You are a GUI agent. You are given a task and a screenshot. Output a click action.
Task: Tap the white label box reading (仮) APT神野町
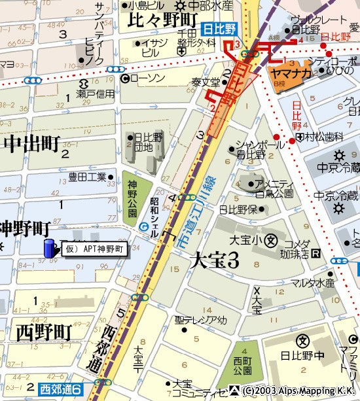point(95,249)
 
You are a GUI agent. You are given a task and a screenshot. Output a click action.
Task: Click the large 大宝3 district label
point(214,260)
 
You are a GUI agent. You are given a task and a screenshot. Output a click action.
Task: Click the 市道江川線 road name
point(192,216)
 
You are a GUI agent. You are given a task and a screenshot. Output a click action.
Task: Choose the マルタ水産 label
point(313,283)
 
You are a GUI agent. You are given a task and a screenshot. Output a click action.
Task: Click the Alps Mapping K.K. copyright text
point(300,391)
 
